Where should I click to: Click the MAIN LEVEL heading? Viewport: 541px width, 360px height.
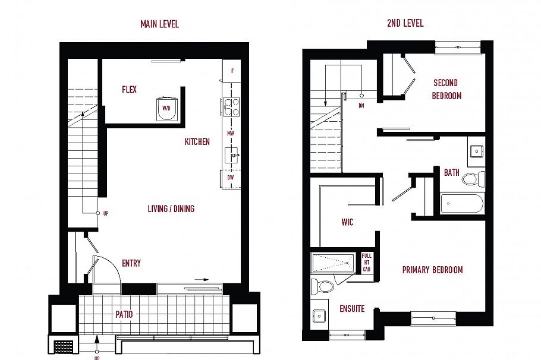(159, 24)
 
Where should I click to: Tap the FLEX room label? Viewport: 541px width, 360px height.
(129, 90)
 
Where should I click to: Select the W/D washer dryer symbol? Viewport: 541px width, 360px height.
(166, 108)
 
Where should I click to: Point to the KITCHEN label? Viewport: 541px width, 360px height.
(197, 142)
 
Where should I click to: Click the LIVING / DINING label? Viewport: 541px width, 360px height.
(171, 209)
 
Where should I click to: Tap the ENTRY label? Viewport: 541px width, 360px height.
(131, 263)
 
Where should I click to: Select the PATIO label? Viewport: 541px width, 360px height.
(124, 314)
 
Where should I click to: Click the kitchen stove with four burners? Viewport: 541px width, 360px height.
(231, 107)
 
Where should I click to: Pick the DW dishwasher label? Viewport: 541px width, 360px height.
(231, 178)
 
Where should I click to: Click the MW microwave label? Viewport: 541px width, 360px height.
(231, 134)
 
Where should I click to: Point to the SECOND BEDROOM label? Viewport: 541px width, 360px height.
(447, 89)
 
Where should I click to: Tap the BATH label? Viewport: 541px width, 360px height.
(452, 173)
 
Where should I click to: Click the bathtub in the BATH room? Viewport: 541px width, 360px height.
(462, 204)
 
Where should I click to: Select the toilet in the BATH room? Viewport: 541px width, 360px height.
(473, 179)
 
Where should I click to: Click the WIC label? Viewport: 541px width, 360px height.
(347, 222)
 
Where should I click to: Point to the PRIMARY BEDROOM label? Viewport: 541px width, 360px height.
(432, 270)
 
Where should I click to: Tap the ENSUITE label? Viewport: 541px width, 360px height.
(351, 309)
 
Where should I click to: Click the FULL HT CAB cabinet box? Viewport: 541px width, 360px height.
(367, 263)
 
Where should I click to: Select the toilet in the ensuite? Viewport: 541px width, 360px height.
(323, 286)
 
